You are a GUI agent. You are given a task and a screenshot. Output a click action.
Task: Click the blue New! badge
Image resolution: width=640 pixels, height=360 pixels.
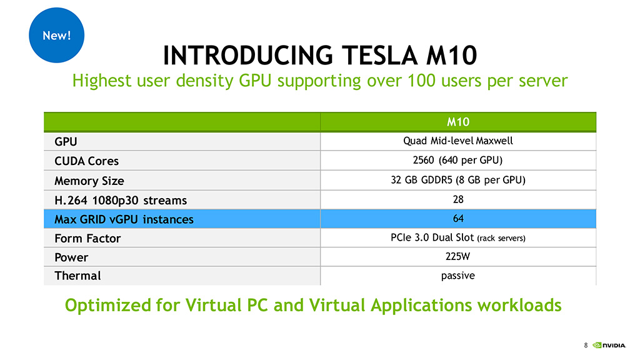pos(56,35)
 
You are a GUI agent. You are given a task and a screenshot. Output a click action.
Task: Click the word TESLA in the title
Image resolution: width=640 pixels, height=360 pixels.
pos(379,56)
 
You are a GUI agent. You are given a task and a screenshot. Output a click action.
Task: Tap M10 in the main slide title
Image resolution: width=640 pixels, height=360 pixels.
pos(451,56)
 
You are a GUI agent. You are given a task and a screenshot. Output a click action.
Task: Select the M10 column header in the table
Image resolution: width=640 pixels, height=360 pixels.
pos(458,122)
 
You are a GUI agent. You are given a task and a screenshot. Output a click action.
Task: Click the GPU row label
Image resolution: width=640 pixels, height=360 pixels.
pos(66,142)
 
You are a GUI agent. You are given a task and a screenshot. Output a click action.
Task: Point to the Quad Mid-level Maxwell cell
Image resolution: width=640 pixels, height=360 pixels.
pos(458,141)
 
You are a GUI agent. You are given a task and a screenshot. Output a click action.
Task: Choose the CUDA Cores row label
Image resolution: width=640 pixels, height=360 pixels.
pos(86,161)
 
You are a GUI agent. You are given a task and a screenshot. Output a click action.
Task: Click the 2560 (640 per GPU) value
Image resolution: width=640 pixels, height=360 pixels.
pos(457,160)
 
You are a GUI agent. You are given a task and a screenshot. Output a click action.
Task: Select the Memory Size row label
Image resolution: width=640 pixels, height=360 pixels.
pos(89,181)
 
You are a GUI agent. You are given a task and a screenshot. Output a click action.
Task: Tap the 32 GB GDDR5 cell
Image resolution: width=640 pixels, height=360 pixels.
pos(458,180)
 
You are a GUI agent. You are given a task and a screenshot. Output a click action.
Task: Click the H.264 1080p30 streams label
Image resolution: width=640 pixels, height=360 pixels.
pos(121,201)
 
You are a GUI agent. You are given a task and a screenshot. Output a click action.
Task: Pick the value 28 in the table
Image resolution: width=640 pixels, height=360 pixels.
pos(458,199)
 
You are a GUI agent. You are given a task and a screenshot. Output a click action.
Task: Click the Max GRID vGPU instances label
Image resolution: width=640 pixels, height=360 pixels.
pos(124,219)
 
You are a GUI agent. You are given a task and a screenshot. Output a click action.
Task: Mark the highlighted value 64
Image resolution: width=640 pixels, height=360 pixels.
pos(458,218)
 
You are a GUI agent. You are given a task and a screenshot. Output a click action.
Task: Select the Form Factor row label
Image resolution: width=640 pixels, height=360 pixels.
pos(87,238)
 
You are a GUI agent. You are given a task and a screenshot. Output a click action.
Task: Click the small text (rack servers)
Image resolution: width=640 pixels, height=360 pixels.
pos(501,238)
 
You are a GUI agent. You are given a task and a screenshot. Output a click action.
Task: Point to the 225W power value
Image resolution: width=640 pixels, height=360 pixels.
pos(457,256)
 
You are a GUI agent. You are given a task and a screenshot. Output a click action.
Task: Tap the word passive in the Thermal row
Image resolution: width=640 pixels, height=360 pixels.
pos(458,276)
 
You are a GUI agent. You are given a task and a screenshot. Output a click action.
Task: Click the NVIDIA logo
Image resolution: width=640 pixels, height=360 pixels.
pos(609,345)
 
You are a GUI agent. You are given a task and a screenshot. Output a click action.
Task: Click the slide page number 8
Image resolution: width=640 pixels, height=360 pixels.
pos(586,345)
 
